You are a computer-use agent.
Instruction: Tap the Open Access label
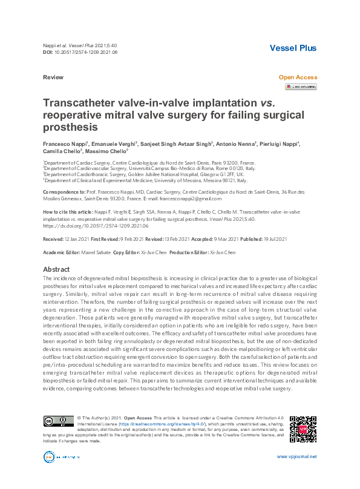pyautogui.click(x=297, y=78)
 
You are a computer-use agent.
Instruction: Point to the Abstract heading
pyautogui.click(x=56, y=269)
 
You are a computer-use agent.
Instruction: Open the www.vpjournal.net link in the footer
pyautogui.click(x=296, y=457)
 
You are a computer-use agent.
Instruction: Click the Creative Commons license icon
pyautogui.click(x=58, y=421)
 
